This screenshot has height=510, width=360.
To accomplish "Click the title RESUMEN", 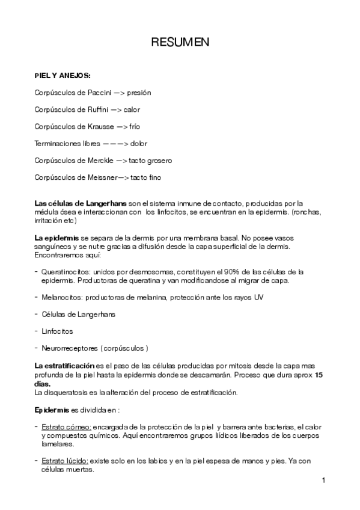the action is (180, 43).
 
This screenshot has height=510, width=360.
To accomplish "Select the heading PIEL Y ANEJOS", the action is (63, 76).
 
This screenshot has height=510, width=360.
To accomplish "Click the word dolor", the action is (139, 144).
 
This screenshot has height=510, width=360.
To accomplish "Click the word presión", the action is (139, 93).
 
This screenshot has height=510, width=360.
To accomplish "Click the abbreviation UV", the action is (258, 297).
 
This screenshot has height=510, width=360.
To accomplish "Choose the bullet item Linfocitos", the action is (58, 331).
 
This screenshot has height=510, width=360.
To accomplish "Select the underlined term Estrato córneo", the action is (67, 426).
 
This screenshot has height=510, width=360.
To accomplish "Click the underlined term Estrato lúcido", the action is (66, 461).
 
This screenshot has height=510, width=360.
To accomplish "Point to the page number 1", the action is (323, 481).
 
